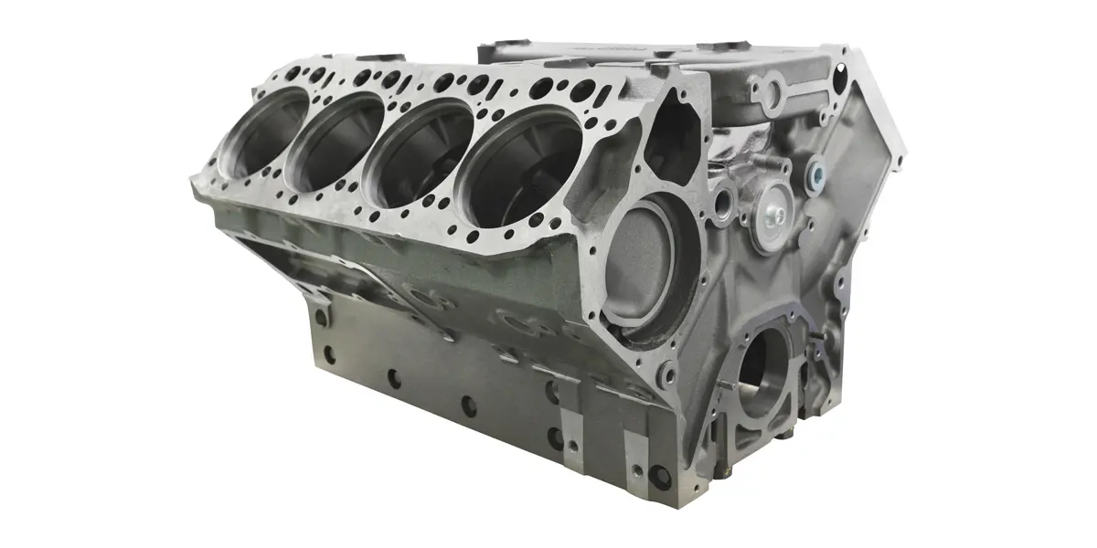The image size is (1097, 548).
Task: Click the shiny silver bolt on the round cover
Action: pos(774,213)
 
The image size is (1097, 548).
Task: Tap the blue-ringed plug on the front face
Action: pos(816,171)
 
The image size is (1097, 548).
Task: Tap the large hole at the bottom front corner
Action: pos(659,475)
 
